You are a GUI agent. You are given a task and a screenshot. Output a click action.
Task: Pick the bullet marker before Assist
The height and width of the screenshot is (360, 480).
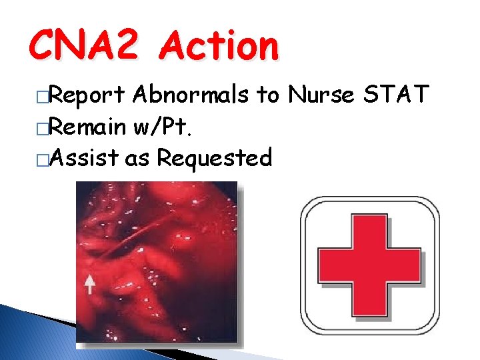pos(43,159)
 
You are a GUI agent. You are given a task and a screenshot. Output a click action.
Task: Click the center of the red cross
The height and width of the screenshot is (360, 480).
pos(370,266)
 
